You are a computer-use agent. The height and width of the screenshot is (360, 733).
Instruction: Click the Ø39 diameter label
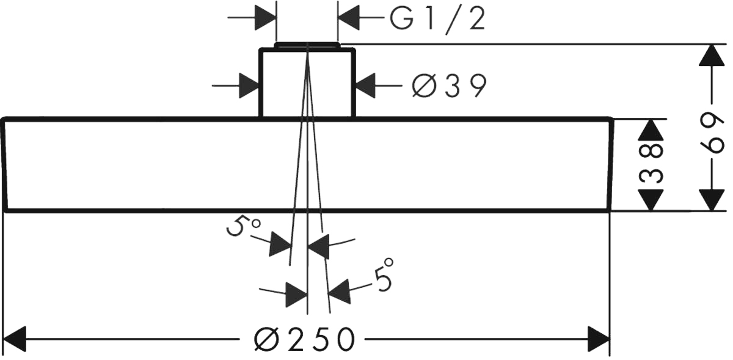tap(449, 86)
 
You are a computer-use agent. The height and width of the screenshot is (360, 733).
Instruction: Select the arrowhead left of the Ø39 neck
tap(248, 86)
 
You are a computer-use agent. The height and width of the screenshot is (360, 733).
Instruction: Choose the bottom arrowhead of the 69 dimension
tap(710, 199)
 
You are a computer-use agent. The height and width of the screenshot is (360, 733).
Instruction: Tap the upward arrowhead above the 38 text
tap(652, 129)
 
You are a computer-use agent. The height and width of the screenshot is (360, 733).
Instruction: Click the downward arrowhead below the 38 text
tap(652, 200)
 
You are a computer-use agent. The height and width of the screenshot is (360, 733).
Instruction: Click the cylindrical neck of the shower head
tap(307, 84)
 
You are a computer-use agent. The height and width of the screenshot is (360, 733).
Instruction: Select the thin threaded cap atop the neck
tap(307, 45)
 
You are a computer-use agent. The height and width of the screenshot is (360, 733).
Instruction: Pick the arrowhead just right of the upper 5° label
tap(280, 244)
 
